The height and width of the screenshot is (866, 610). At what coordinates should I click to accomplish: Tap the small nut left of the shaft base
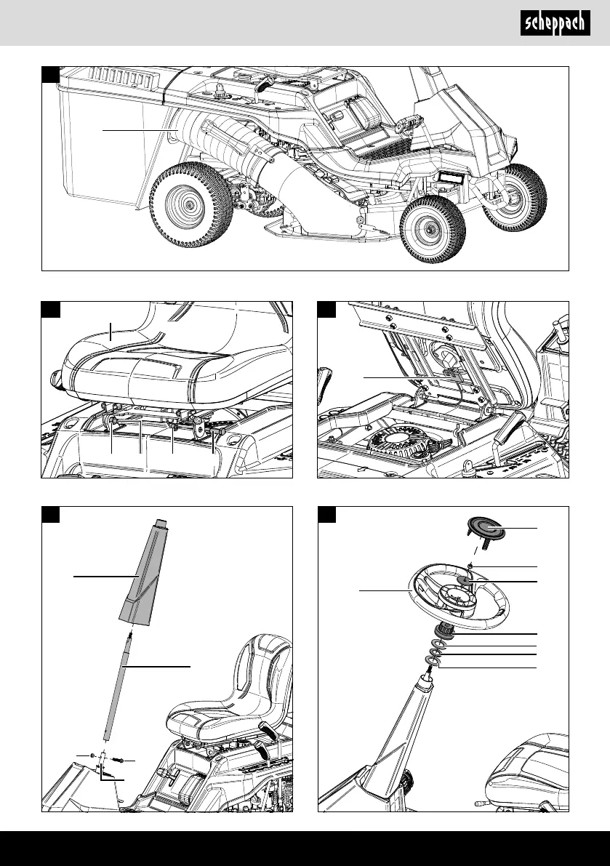[94, 757]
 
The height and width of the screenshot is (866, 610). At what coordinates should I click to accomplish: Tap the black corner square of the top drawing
[49, 73]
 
